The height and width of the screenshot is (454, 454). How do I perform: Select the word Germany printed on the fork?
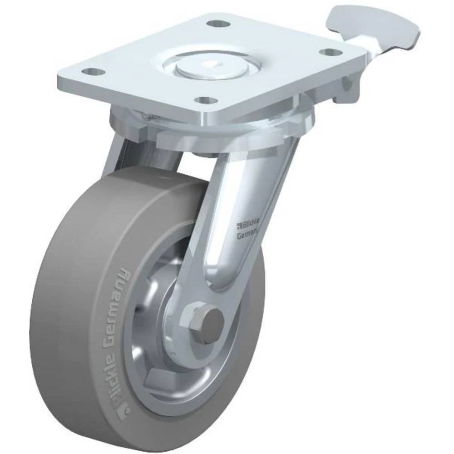[247, 234]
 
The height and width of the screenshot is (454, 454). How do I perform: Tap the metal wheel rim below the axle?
[182, 386]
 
